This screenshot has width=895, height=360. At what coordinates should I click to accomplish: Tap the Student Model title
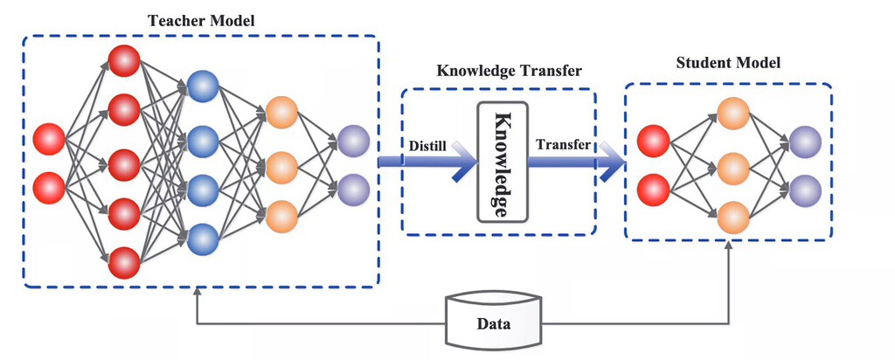729,64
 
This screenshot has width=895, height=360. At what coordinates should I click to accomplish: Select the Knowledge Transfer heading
498,71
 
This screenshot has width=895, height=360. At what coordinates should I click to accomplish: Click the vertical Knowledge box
503,163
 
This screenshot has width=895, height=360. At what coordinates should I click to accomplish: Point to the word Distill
428,145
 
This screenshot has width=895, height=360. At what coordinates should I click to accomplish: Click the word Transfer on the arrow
562,145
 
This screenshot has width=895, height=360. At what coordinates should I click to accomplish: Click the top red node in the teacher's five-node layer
124,61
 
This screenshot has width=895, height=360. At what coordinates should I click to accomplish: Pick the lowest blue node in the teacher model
203,238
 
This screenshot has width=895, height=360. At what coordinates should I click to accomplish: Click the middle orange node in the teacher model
281,163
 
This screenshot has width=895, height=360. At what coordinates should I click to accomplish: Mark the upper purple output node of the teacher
353,140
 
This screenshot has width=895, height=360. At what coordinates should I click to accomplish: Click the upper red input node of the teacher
49,139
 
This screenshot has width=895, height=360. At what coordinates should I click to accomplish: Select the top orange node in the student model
732,112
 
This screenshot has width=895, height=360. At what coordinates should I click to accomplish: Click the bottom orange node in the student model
732,215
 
